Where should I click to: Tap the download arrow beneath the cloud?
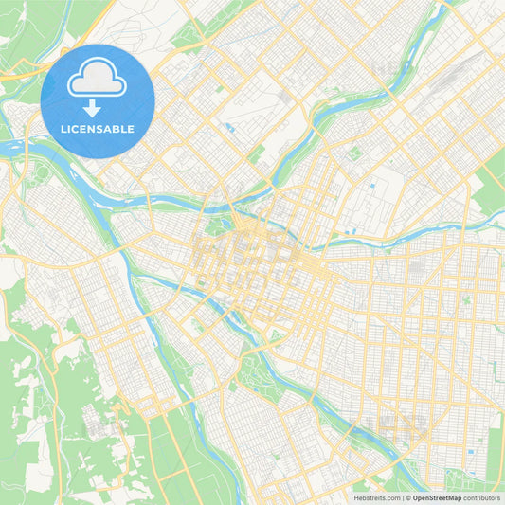(98, 107)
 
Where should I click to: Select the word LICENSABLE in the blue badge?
(98, 128)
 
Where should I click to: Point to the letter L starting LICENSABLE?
(63, 128)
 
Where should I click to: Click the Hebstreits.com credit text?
(377, 496)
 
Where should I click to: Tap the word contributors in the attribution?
(481, 496)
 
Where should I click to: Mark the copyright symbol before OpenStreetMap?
(407, 496)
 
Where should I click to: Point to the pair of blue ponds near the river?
(350, 229)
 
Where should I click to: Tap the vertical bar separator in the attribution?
(402, 496)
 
